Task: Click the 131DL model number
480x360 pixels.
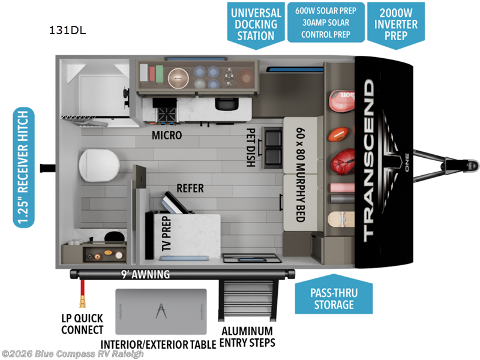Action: [x=68, y=31]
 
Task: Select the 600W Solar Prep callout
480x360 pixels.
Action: [x=326, y=22]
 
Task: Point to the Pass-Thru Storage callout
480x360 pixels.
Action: [x=332, y=298]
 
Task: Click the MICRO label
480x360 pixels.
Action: [x=166, y=135]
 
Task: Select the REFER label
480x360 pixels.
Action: [x=190, y=188]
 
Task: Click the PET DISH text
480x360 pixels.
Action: [x=251, y=147]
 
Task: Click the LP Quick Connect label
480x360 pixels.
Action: [x=82, y=324]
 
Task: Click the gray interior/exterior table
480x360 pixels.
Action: [x=160, y=312]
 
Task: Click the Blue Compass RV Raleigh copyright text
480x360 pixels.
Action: [x=73, y=354]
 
